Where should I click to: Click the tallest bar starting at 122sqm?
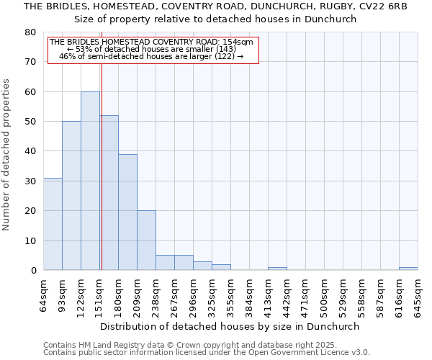pyautogui.click(x=90, y=181)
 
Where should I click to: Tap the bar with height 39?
pyautogui.click(x=127, y=212)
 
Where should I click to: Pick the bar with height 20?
pyautogui.click(x=146, y=240)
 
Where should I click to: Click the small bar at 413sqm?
pyautogui.click(x=277, y=269)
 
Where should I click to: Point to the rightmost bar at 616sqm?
pyautogui.click(x=408, y=269)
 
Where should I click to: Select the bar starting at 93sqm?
pyautogui.click(x=71, y=196)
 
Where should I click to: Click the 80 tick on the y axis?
pyautogui.click(x=30, y=32)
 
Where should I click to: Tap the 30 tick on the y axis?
pyautogui.click(x=30, y=181)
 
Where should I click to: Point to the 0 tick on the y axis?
pyautogui.click(x=33, y=271)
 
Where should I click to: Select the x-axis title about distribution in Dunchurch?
pyautogui.click(x=230, y=326)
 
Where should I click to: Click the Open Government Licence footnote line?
pyautogui.click(x=206, y=353)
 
